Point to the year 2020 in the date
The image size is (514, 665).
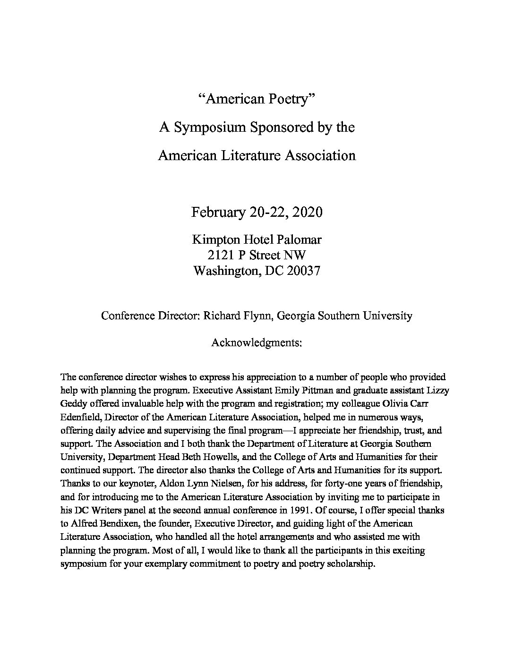pyautogui.click(x=307, y=212)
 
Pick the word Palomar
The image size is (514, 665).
pyautogui.click(x=300, y=239)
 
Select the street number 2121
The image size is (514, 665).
pyautogui.click(x=221, y=256)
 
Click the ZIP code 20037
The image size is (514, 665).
pyautogui.click(x=303, y=271)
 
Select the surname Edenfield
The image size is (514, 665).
pyautogui.click(x=80, y=418)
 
